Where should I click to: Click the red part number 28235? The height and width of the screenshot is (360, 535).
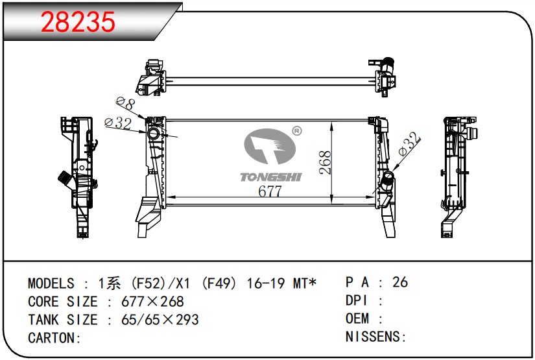pyautogui.click(x=78, y=22)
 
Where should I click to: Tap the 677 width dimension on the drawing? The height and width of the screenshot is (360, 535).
pyautogui.click(x=270, y=191)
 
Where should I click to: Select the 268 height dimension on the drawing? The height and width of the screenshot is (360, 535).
pyautogui.click(x=325, y=163)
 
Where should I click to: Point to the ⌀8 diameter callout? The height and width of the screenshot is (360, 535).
pyautogui.click(x=125, y=103)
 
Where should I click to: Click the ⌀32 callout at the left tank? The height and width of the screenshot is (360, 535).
pyautogui.click(x=118, y=123)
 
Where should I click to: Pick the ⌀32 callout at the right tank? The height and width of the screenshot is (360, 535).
pyautogui.click(x=409, y=144)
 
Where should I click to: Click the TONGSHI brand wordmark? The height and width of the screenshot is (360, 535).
pyautogui.click(x=270, y=177)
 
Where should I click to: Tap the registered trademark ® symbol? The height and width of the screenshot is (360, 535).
pyautogui.click(x=297, y=131)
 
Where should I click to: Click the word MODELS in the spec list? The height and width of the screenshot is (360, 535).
pyautogui.click(x=51, y=283)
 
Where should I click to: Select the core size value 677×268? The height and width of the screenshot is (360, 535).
pyautogui.click(x=152, y=302)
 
